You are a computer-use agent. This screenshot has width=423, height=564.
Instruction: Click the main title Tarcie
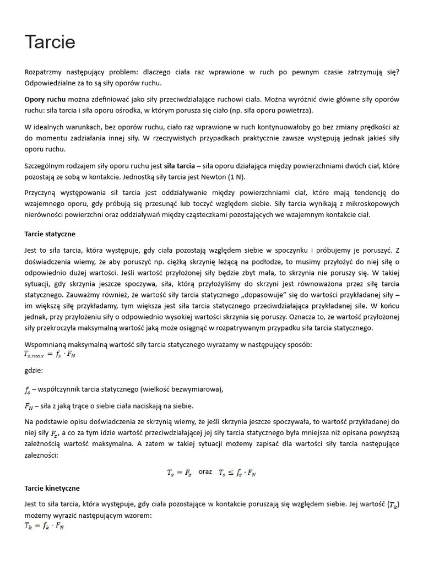[x=50, y=42]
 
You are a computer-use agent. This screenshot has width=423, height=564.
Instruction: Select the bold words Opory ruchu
[x=45, y=100]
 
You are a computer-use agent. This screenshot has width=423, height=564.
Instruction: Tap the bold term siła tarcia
[x=180, y=166]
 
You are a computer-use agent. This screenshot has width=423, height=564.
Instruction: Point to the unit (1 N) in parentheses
[x=237, y=177]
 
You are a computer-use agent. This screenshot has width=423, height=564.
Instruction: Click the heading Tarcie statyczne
[x=50, y=234]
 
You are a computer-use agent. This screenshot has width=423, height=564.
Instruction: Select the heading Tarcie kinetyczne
[x=52, y=488]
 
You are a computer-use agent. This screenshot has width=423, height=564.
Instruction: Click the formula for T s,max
[x=50, y=355]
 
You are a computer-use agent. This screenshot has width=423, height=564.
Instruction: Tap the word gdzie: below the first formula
[x=34, y=371]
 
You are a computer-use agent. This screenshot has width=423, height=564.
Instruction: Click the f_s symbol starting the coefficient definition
[x=28, y=390]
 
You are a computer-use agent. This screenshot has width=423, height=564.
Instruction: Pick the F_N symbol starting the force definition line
[x=29, y=406]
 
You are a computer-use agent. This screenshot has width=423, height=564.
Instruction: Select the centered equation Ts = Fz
[x=180, y=473]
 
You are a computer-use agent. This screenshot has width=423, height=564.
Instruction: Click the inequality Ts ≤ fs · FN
[x=237, y=473]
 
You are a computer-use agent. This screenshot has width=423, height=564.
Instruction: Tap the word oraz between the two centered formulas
[x=205, y=472]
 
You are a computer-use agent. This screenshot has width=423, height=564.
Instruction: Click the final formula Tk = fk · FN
[x=44, y=526]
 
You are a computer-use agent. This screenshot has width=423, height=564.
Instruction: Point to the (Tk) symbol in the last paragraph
[x=393, y=505]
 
